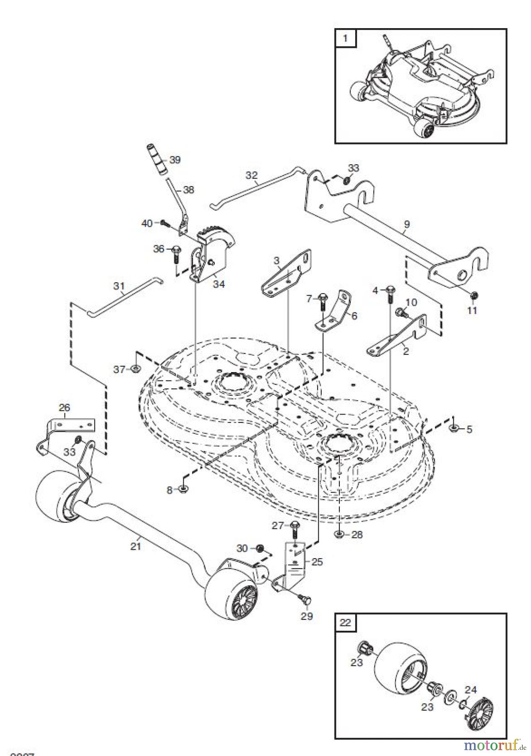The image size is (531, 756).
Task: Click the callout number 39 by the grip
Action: coord(175,160)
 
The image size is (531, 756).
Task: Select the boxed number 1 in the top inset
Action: coord(345,38)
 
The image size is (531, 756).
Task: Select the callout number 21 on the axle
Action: coord(136,546)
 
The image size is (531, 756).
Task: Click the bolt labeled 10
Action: coord(400,312)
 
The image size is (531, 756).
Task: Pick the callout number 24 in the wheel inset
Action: coord(471,690)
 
